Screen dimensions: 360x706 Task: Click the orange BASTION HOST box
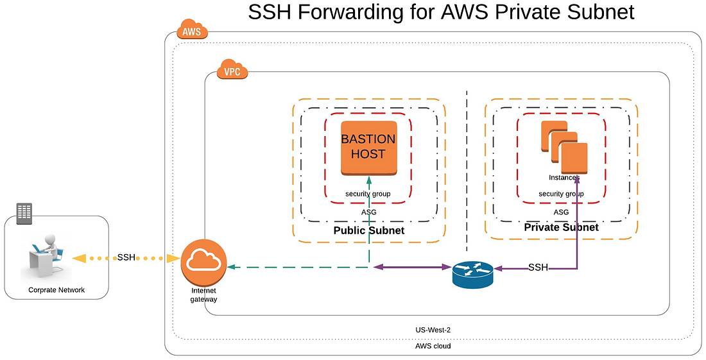tap(368, 148)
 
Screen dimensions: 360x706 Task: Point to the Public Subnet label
tap(368, 230)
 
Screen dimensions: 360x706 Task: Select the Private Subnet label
tap(561, 227)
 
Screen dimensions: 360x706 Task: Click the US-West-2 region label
tap(433, 330)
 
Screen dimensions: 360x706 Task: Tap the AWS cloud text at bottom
tap(433, 346)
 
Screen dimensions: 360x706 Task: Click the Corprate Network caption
tap(56, 290)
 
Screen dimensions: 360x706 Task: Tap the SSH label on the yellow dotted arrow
tap(126, 257)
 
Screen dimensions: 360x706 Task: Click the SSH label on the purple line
tap(538, 267)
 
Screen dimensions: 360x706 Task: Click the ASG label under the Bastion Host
tap(368, 212)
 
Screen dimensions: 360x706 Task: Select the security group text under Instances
tap(561, 194)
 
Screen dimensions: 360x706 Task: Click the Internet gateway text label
tap(203, 295)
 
